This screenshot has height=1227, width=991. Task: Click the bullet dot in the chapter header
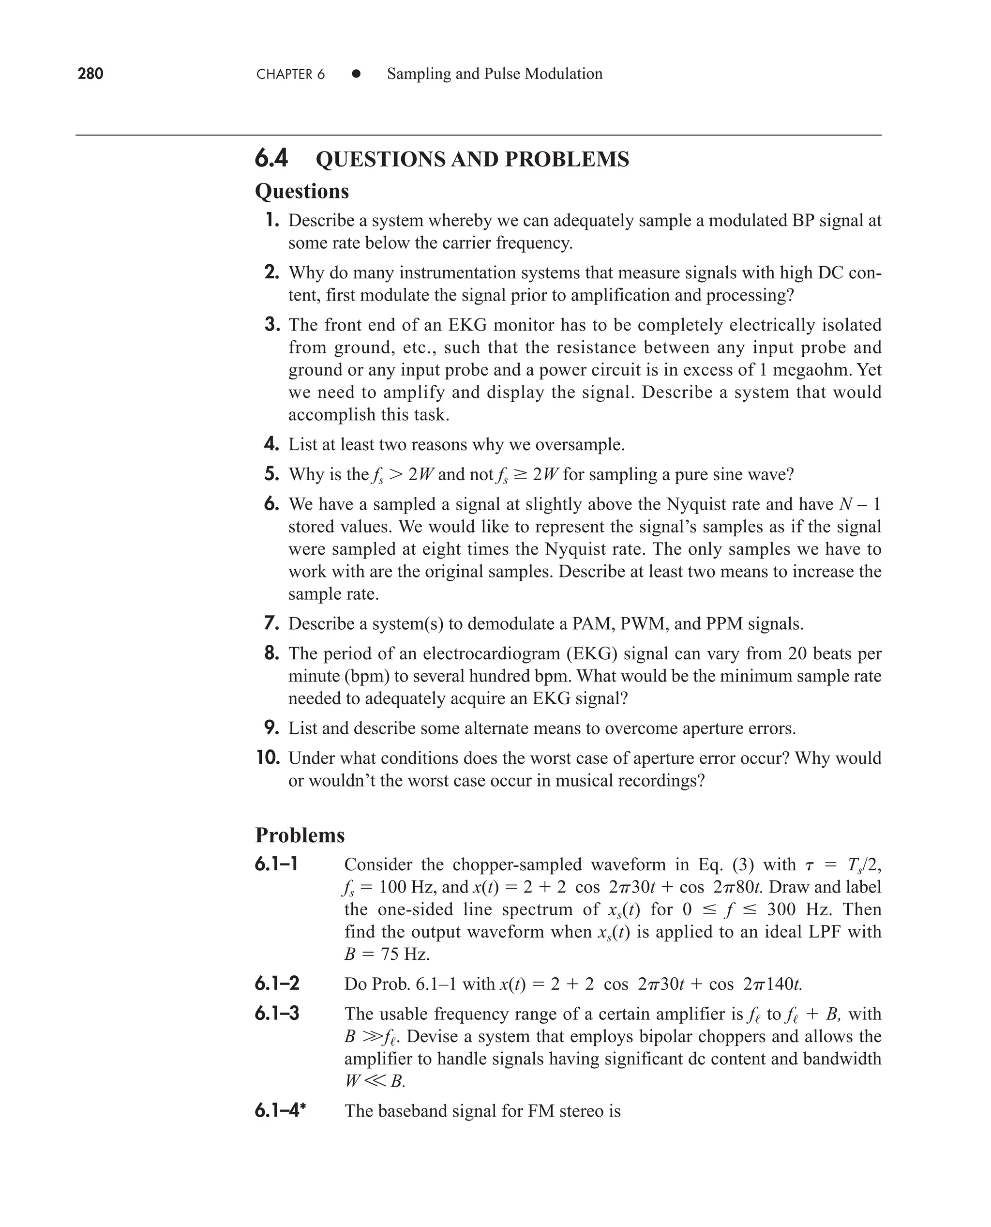356,74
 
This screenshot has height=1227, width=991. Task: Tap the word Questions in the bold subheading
301,191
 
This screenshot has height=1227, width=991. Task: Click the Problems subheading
300,835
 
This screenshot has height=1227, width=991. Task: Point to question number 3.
272,325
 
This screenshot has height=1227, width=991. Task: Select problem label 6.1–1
276,864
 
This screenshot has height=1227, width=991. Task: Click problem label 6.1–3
277,1014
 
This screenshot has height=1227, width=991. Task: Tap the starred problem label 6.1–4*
280,1110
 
